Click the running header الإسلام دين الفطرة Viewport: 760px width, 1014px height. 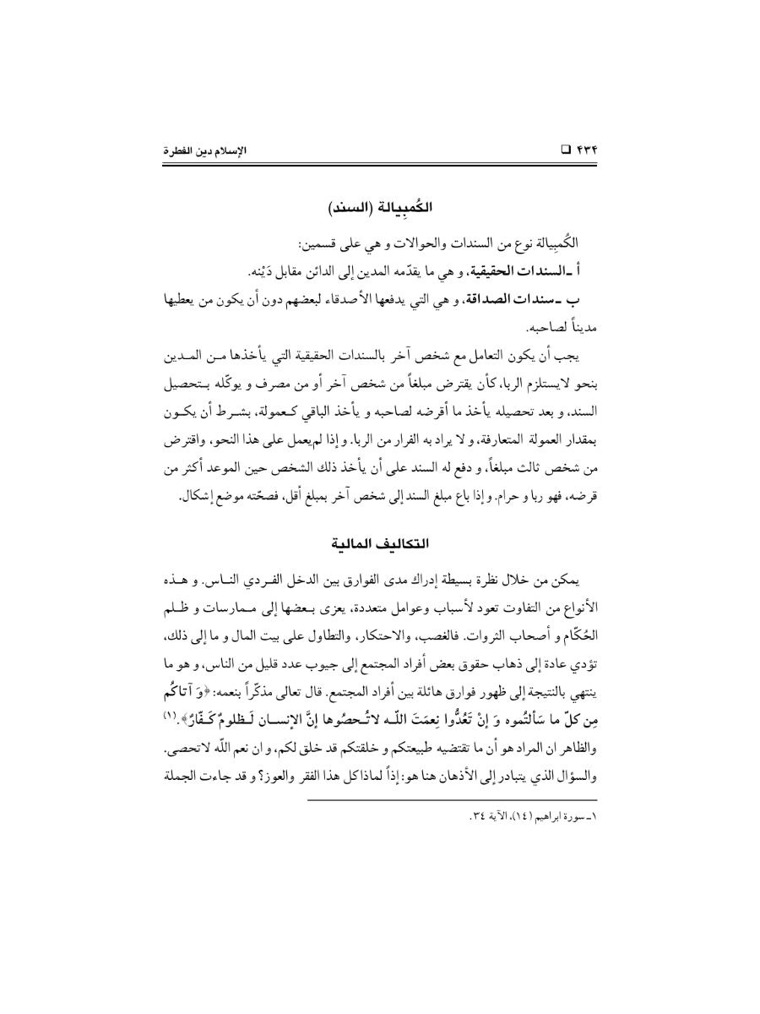pos(200,151)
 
